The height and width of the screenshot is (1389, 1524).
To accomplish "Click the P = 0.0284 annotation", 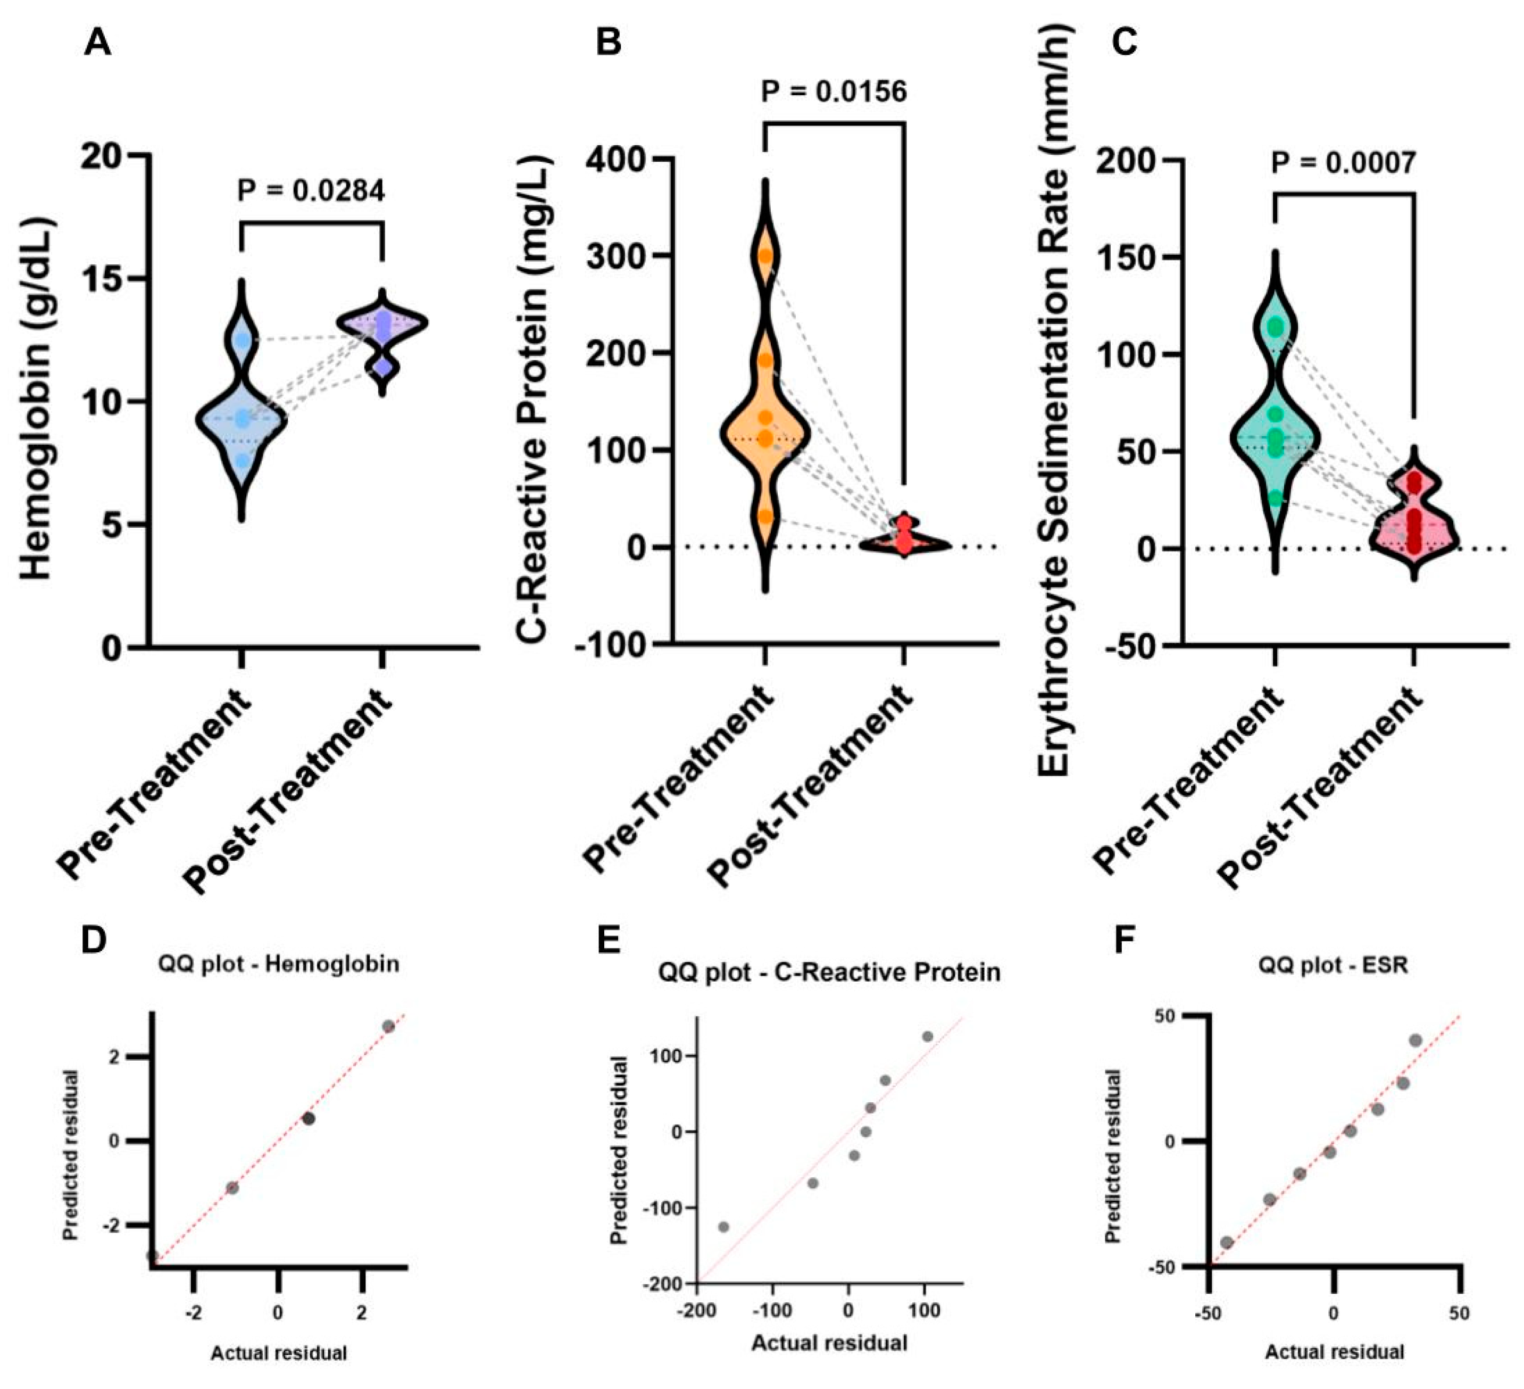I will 311,190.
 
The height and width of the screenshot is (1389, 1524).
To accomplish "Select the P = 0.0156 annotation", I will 833,92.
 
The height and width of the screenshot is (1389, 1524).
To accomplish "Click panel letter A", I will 97,43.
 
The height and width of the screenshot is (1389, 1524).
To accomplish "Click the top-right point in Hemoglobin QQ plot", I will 388,1026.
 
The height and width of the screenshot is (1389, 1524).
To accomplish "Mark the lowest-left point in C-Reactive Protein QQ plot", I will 723,1226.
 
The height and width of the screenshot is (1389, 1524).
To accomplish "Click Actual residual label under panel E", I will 829,1343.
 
